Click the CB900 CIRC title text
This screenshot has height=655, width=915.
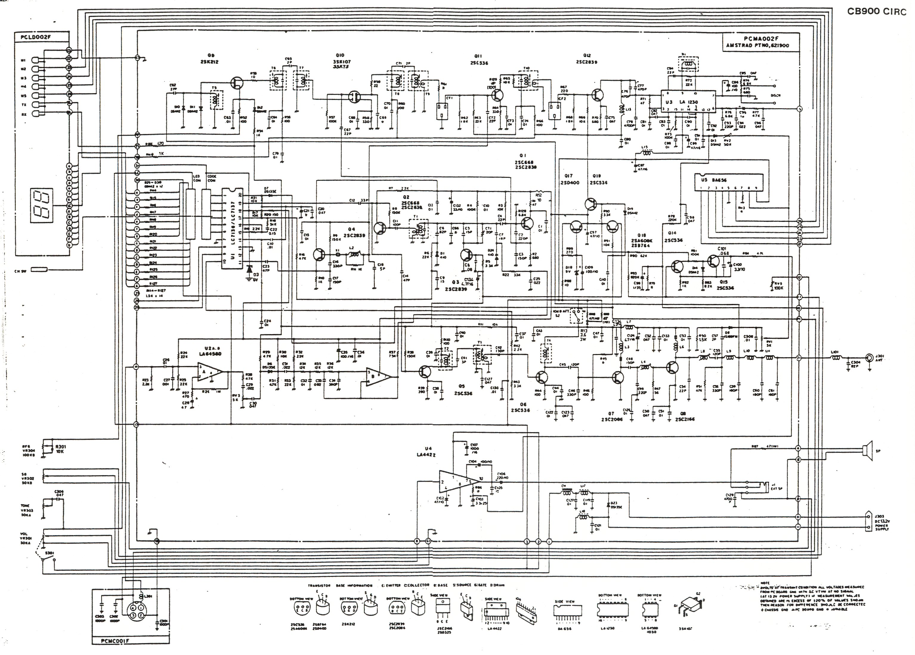click(876, 11)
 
